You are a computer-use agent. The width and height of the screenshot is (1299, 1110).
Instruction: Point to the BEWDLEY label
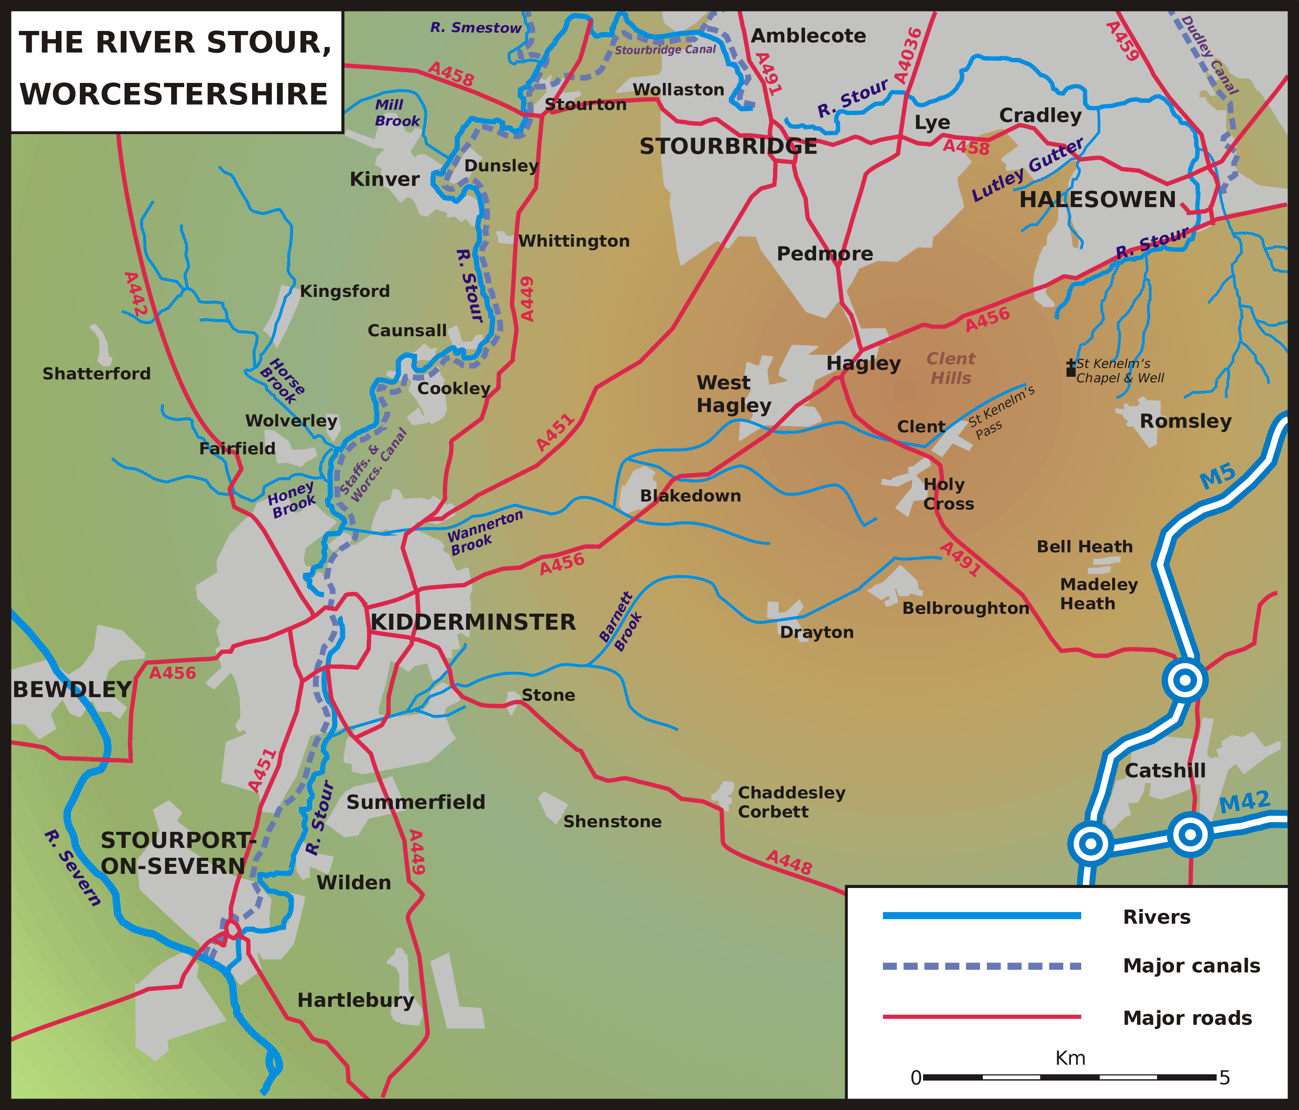[71, 689]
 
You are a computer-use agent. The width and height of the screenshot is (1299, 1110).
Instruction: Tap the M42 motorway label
[1244, 802]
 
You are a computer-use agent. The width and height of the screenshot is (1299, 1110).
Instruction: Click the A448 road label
[789, 863]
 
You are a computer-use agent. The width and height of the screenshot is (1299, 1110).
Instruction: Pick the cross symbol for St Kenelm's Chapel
[1071, 368]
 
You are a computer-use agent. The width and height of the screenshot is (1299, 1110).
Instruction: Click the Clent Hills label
[951, 368]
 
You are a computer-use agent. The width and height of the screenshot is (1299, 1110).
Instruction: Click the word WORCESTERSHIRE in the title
[174, 94]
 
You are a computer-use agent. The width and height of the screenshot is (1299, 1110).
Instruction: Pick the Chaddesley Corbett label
[791, 802]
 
